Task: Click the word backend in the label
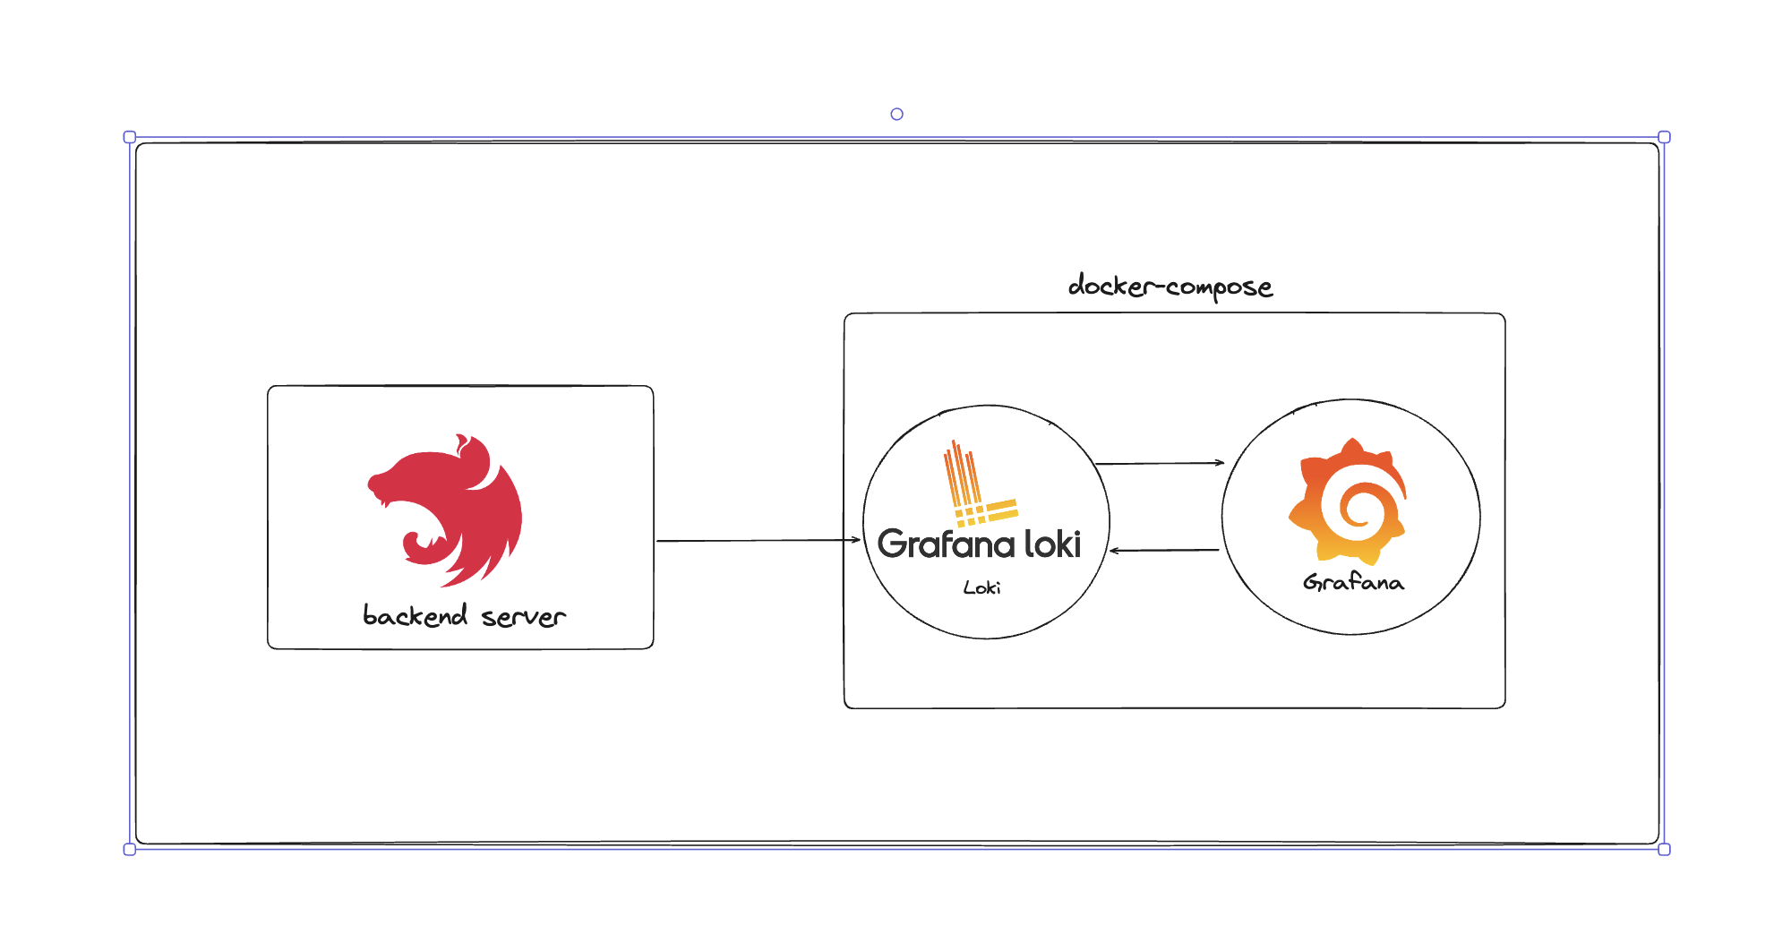pos(415,616)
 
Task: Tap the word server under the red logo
pos(523,617)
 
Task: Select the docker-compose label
pos(1170,287)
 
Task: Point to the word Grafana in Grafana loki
pos(946,544)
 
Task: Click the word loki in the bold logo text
pos(1052,544)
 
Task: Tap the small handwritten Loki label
pos(981,587)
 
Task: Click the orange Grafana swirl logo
pos(1349,501)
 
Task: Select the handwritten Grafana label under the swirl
pos(1353,583)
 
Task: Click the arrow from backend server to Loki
pos(757,541)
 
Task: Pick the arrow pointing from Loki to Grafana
pos(1160,463)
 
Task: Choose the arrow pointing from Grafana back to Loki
pos(1164,550)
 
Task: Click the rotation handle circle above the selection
pos(896,114)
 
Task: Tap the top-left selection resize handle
pos(130,137)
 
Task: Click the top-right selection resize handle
pos(1664,137)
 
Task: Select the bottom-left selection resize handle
pos(130,849)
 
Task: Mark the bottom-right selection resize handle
pos(1664,849)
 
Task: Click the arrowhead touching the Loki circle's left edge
pos(856,540)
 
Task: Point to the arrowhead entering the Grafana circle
pos(1220,463)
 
